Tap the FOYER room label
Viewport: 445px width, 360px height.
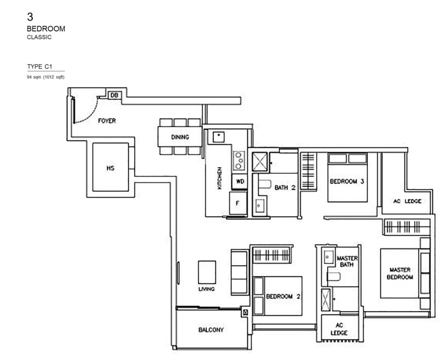(106, 121)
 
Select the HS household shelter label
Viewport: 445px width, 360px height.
(110, 168)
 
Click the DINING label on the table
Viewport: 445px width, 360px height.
(180, 137)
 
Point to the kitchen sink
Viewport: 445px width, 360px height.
(218, 137)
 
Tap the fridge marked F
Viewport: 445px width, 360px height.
(238, 202)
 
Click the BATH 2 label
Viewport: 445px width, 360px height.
(285, 188)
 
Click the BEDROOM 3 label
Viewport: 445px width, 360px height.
(347, 182)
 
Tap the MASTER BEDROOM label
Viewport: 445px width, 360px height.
(401, 273)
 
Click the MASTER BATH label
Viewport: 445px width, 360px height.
(347, 261)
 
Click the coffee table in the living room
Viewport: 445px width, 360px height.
(207, 271)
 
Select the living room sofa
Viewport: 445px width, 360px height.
(239, 272)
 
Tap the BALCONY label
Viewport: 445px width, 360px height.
(211, 330)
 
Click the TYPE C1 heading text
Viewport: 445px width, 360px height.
(40, 66)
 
